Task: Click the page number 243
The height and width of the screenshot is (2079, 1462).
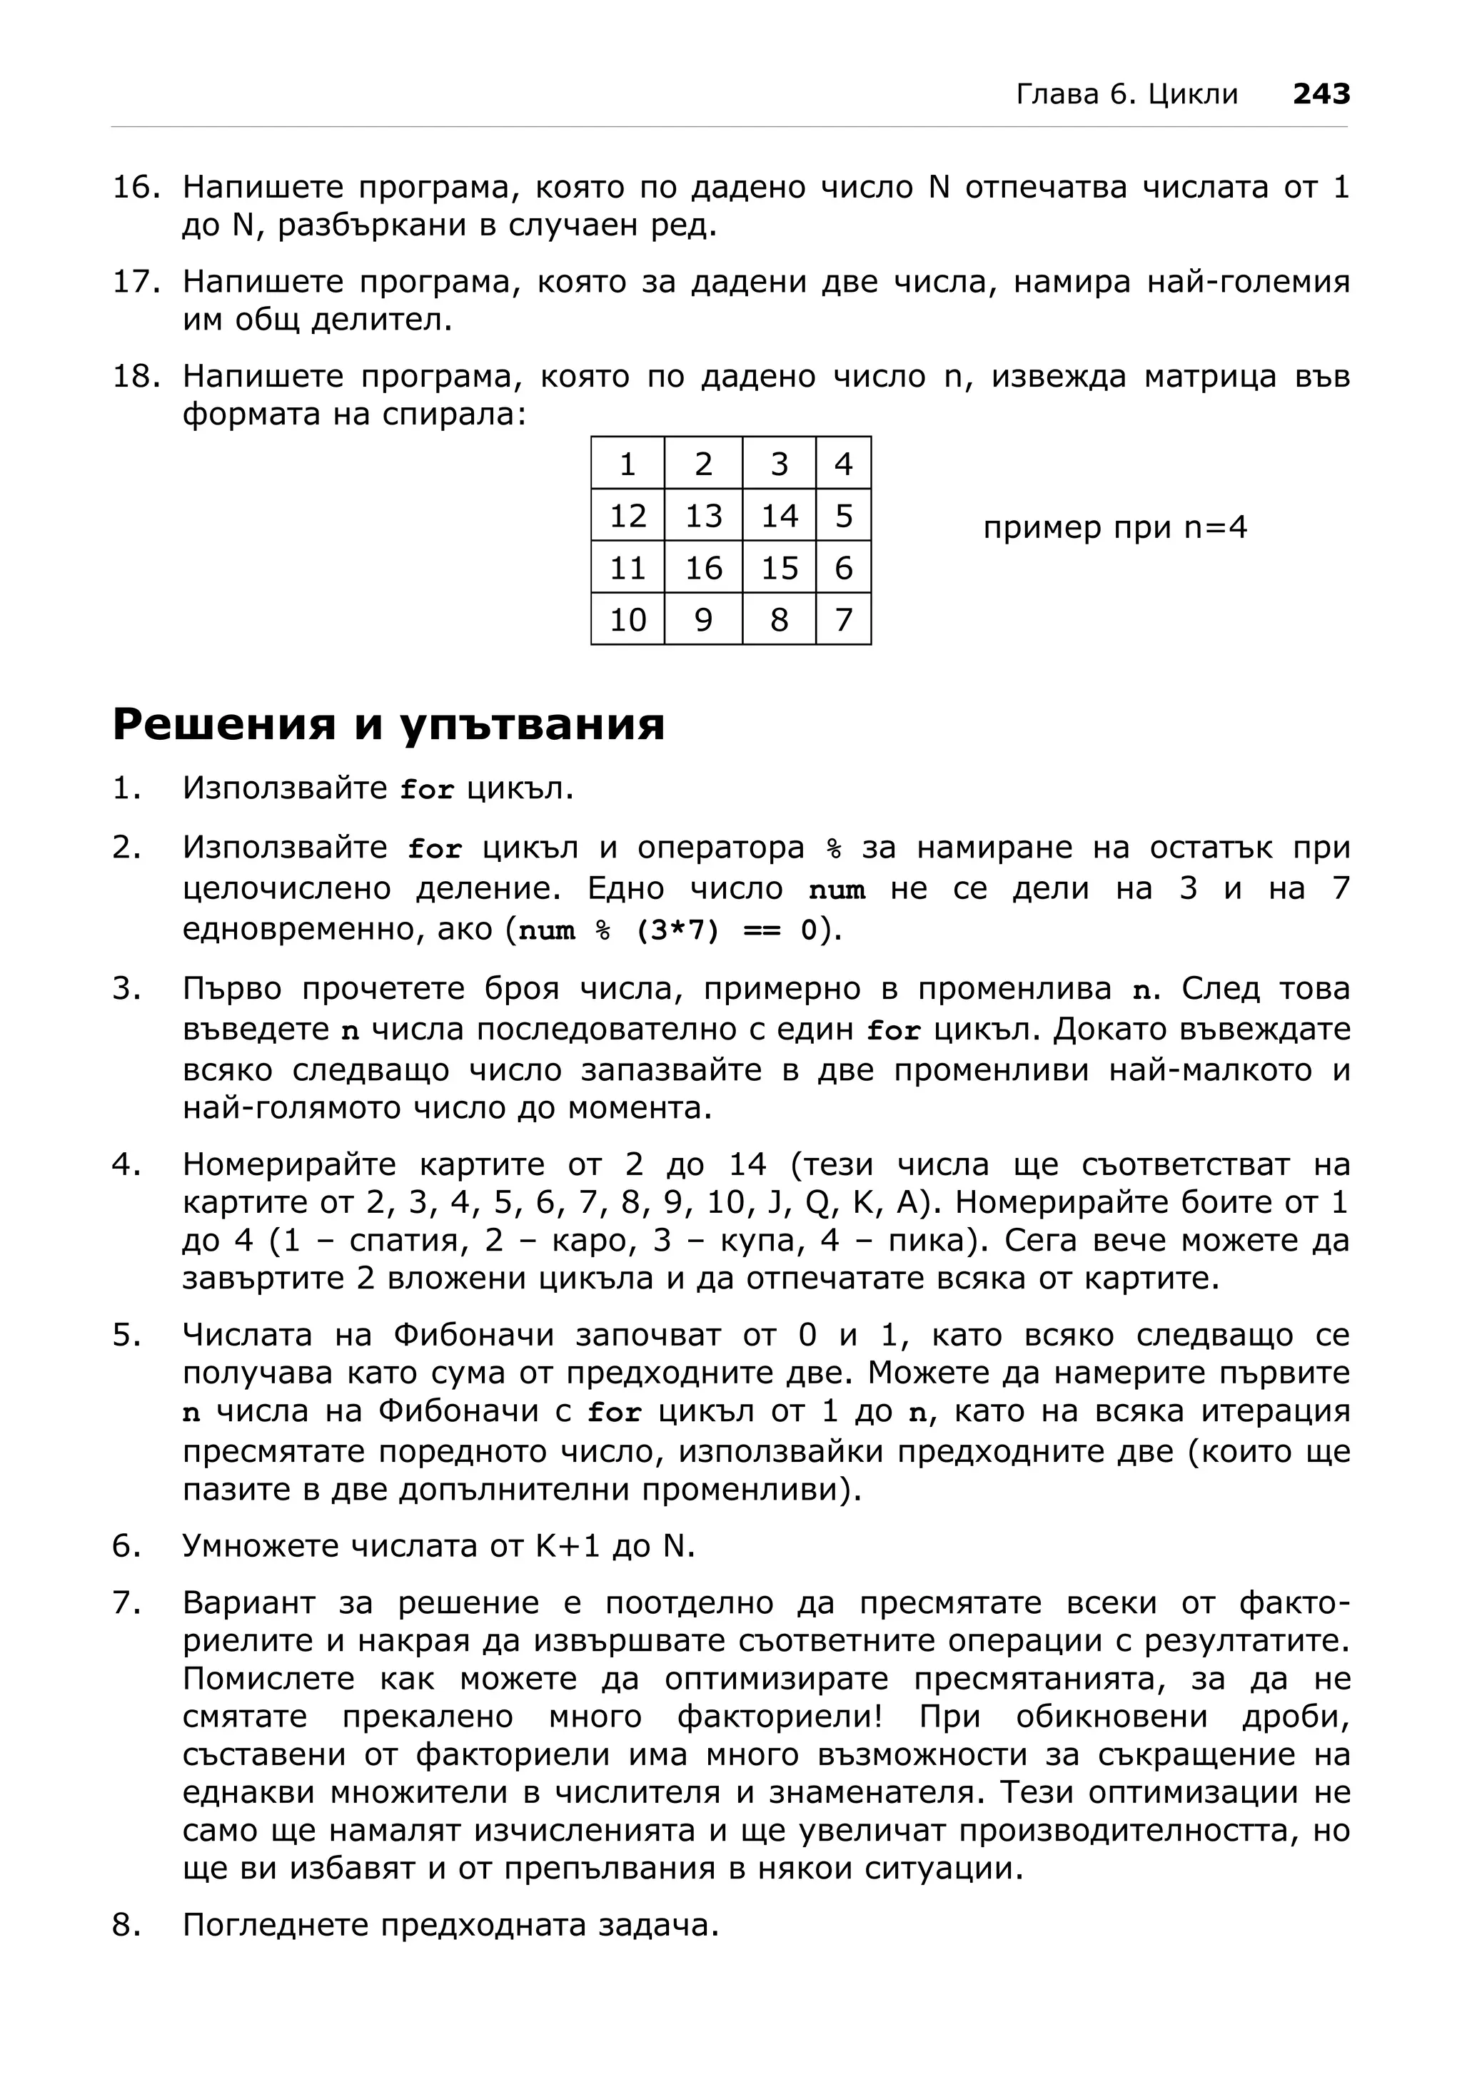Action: [1321, 93]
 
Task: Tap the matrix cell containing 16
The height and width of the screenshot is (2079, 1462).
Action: [703, 568]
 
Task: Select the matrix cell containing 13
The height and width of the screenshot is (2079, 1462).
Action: [703, 516]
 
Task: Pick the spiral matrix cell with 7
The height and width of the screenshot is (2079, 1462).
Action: [843, 619]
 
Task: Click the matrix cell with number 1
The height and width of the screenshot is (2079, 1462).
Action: [627, 464]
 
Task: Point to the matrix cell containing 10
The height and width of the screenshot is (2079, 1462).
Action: [627, 619]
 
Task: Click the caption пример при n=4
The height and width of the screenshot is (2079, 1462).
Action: [1114, 527]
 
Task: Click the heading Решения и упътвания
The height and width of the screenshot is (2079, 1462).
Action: [388, 724]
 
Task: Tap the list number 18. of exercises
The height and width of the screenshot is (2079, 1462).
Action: [136, 376]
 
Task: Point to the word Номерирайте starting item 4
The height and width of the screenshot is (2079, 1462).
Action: [290, 1164]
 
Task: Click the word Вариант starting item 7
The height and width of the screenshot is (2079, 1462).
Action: [248, 1602]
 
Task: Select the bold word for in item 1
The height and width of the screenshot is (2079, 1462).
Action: [428, 790]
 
